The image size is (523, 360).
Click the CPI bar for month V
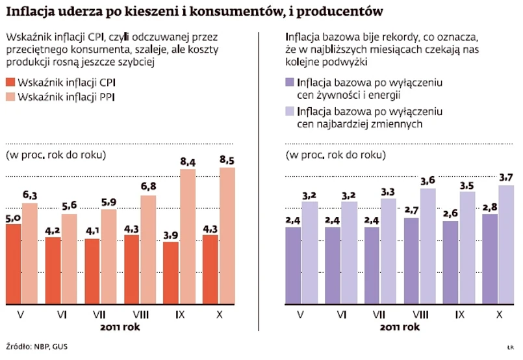(x=12, y=264)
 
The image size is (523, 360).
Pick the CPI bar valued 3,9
(x=171, y=273)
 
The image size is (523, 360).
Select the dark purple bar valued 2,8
(x=491, y=259)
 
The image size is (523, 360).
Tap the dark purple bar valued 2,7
(x=411, y=261)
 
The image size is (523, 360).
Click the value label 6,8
(x=148, y=188)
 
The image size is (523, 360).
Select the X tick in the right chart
(x=500, y=316)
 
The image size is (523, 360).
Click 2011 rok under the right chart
(x=399, y=328)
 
